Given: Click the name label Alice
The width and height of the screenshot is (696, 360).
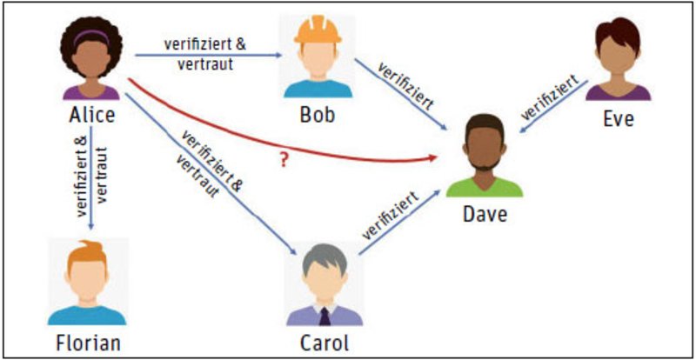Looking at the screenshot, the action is [x=92, y=115].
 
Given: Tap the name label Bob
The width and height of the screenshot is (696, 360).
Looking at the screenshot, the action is [x=318, y=115].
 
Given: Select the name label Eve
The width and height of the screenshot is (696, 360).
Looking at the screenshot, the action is [x=619, y=119].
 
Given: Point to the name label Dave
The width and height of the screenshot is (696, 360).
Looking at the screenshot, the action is [x=485, y=215].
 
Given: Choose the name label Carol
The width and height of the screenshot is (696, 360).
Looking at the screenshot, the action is [x=325, y=343].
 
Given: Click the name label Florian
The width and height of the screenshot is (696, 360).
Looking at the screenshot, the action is [x=89, y=343].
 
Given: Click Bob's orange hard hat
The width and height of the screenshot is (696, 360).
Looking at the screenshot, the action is [x=318, y=30].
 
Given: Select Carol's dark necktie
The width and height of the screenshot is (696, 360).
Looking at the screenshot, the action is [x=325, y=316].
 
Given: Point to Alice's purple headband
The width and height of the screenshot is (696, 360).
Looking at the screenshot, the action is [x=91, y=37].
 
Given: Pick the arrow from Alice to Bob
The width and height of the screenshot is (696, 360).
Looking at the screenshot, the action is [x=209, y=56].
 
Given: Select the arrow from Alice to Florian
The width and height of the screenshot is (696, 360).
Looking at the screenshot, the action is [x=91, y=178].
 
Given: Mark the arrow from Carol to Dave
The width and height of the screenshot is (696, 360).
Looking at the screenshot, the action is [x=399, y=223].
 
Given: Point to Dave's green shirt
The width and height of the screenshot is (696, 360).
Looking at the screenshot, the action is [x=485, y=187].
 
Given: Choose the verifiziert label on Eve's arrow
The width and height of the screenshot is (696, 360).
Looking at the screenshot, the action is [x=550, y=98].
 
